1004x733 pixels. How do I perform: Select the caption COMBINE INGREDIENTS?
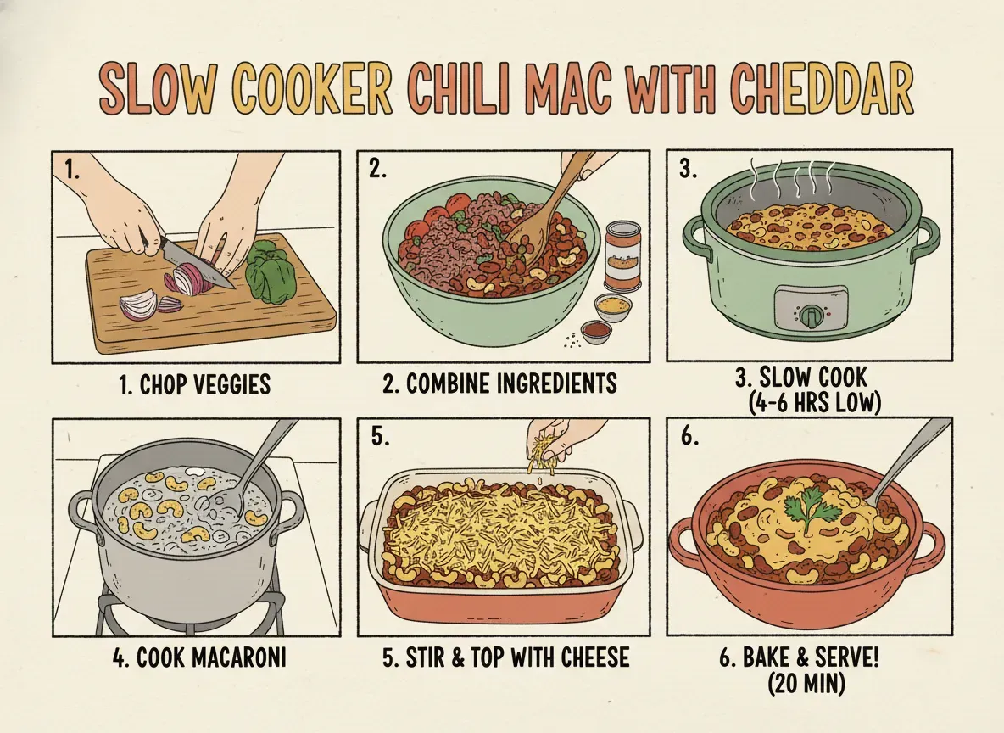pos(499,383)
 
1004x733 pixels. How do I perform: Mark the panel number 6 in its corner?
pos(689,437)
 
